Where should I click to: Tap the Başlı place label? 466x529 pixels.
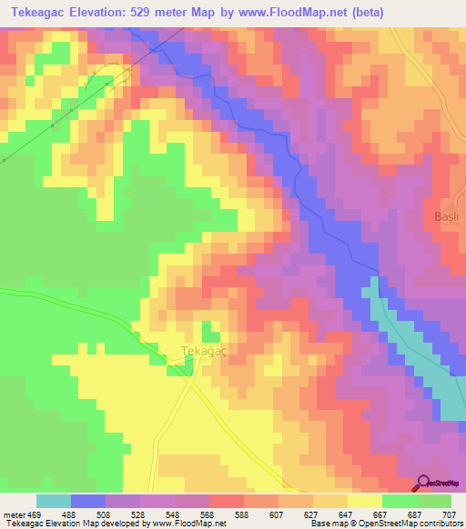click(444, 216)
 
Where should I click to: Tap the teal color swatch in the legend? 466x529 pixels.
click(54, 501)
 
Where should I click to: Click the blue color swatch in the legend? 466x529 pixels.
click(88, 501)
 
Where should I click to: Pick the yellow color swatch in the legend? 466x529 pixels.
click(365, 501)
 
